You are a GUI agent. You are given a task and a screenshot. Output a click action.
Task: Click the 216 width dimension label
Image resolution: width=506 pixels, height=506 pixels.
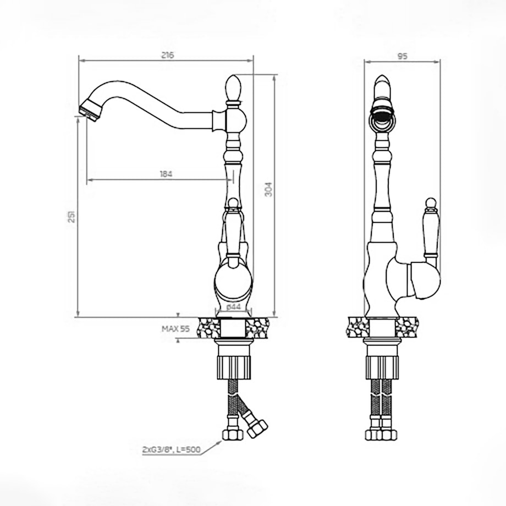tap(168, 55)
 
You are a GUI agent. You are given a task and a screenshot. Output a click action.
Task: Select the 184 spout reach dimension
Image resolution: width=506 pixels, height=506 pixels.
tap(166, 174)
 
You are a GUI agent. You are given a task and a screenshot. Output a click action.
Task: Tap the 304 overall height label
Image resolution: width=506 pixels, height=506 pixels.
tap(268, 189)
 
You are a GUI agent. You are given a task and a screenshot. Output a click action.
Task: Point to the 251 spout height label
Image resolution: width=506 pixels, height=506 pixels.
tap(71, 216)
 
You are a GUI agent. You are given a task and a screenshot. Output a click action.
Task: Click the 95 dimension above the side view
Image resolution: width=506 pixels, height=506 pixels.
tap(402, 56)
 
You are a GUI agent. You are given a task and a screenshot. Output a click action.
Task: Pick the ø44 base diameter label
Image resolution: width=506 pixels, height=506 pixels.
tap(233, 307)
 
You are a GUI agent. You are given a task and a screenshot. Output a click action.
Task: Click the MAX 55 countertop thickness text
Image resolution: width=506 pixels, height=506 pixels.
tap(175, 329)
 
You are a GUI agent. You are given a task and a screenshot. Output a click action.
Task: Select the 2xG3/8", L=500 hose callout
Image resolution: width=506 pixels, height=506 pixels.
tap(172, 449)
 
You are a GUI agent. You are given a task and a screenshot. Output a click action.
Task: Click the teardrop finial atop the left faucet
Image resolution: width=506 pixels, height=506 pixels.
tap(233, 87)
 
